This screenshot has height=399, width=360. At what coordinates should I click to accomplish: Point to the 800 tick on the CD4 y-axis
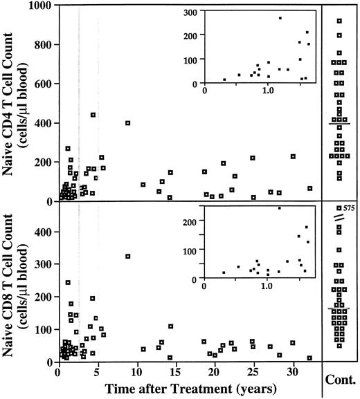pyautogui.click(x=44, y=45)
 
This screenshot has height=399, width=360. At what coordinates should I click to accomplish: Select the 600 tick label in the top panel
pyautogui.click(x=44, y=84)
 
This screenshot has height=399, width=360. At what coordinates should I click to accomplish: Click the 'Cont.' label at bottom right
pyautogui.click(x=341, y=380)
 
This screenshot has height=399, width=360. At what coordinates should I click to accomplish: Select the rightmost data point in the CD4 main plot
pyautogui.click(x=309, y=188)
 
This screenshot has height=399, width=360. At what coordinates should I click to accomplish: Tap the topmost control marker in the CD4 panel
pyautogui.click(x=339, y=21)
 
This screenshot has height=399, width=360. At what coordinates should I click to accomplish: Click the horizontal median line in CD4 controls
pyautogui.click(x=339, y=123)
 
